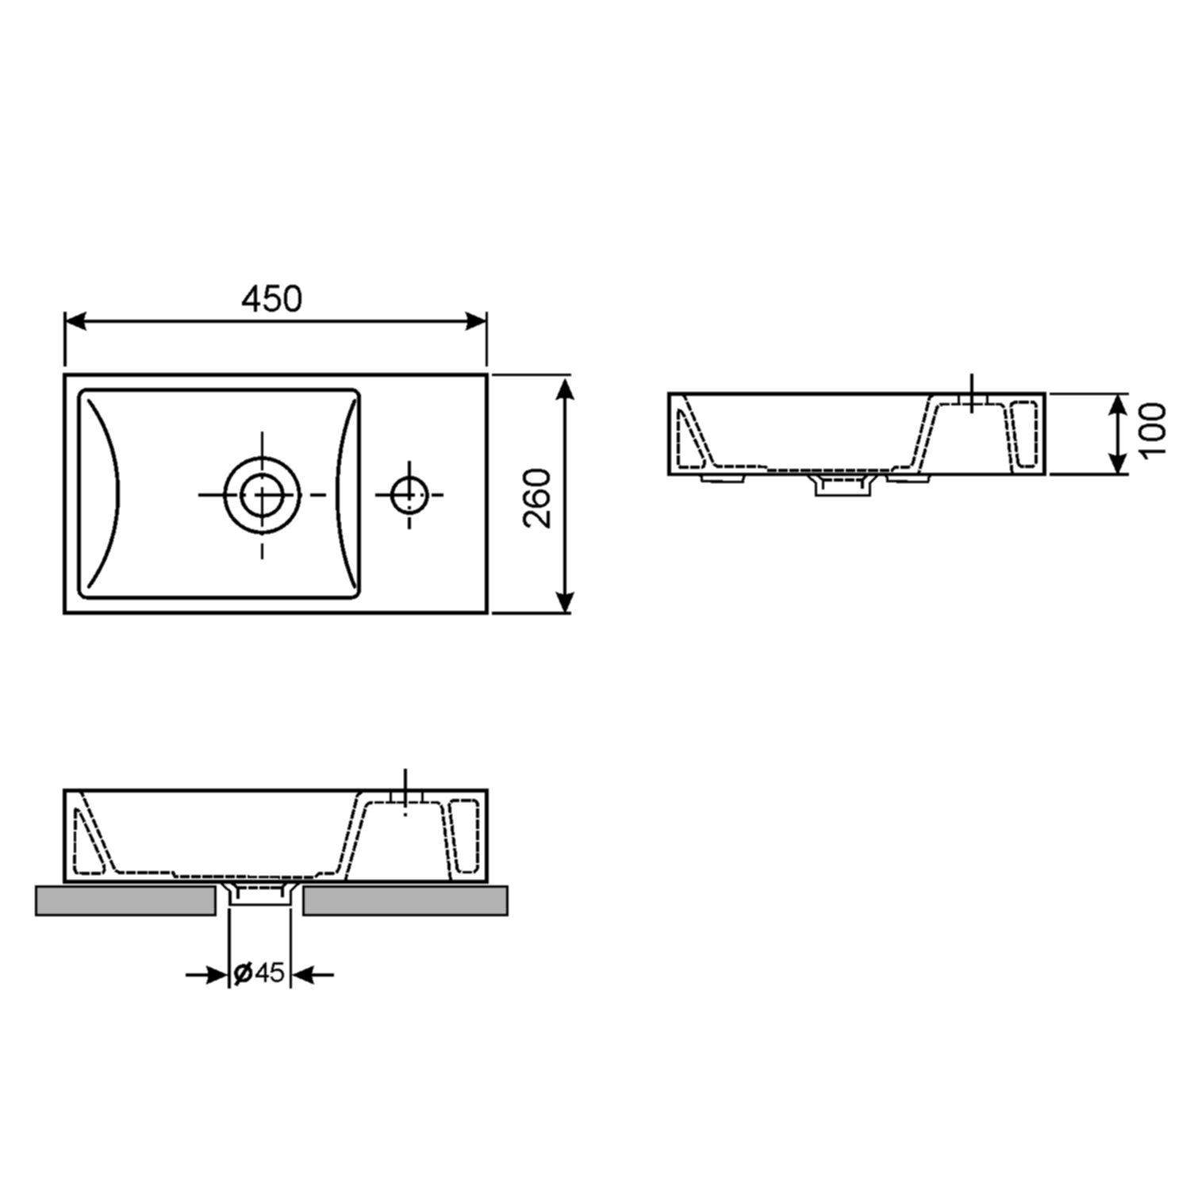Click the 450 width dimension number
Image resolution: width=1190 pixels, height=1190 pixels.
[272, 299]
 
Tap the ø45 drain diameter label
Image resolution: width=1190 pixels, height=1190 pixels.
[259, 972]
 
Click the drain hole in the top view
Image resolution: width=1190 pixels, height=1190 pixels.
[262, 494]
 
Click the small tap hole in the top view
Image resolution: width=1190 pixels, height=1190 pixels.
[409, 494]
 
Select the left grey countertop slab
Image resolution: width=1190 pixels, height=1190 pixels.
[125, 901]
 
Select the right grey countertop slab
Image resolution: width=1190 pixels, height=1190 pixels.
[405, 901]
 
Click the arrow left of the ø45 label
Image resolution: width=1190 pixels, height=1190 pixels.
[208, 973]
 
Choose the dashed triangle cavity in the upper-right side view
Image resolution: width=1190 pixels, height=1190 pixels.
[688, 440]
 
